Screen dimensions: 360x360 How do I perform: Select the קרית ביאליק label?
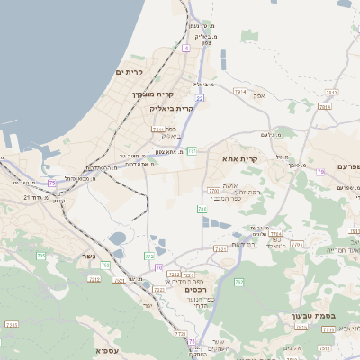coord(172,108)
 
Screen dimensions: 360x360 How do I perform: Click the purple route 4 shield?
coord(185,48)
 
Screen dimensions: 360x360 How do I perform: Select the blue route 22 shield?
coord(200,96)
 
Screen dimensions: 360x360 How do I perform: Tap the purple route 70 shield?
coord(159,267)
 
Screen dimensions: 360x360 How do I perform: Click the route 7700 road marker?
coord(213,190)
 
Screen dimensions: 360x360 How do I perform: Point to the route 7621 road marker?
coord(220,247)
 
